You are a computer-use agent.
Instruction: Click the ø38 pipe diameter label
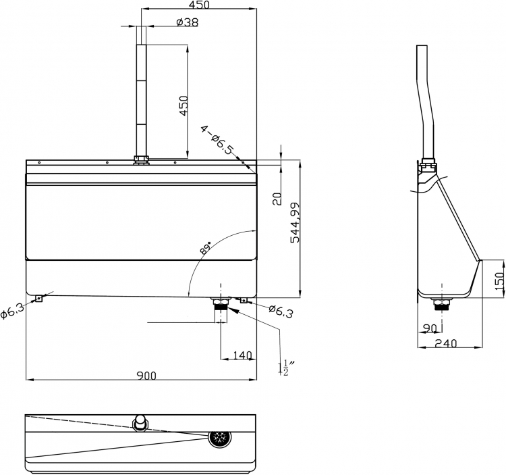188,22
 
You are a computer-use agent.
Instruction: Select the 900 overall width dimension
146,376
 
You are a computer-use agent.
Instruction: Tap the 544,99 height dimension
295,223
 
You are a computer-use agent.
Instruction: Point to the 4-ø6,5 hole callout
217,140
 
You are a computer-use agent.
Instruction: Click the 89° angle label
205,247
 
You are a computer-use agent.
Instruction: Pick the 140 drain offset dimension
242,355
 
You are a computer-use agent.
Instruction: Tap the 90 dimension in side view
430,328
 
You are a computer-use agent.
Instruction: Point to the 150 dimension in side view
499,281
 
